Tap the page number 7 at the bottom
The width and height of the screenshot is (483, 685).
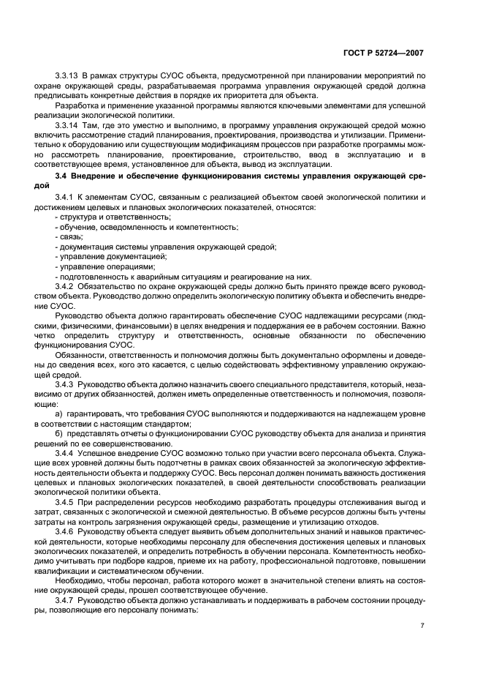point(422,626)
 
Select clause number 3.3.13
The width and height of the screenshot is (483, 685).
point(67,76)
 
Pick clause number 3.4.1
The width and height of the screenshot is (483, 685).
point(66,198)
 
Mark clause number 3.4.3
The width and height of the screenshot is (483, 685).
point(66,383)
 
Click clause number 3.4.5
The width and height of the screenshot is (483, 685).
point(66,503)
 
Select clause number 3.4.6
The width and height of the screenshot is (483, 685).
point(66,533)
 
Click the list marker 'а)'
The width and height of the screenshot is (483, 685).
point(59,413)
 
